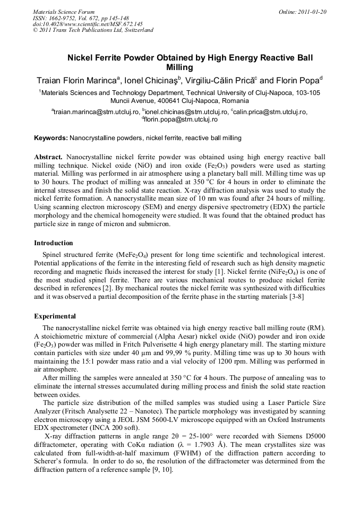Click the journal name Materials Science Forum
[64, 11]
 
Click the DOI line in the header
[88, 24]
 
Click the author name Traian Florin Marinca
[78, 81]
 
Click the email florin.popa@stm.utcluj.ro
[181, 119]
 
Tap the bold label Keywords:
[51, 138]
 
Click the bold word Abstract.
[49, 158]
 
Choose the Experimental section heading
[55, 316]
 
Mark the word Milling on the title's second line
[180, 67]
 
